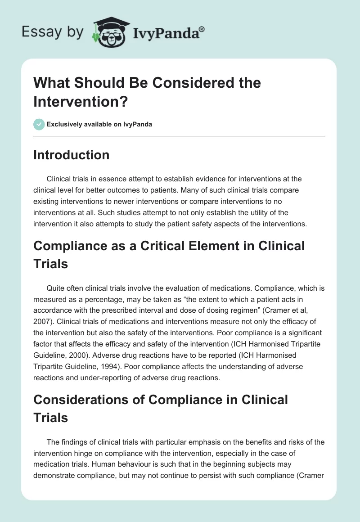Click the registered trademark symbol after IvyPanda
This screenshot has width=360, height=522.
202,29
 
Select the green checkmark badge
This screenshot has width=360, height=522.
39,124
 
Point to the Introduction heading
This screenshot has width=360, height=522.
72,155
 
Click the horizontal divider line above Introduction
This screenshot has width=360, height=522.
180,136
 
